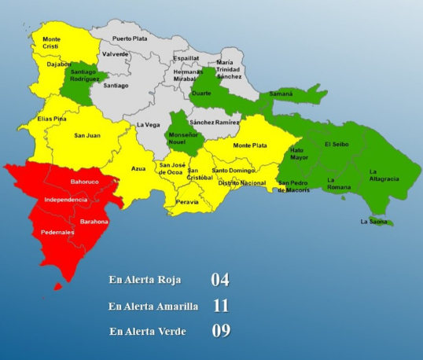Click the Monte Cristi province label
click(x=52, y=42)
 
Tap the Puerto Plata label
click(x=130, y=39)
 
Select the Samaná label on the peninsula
click(x=281, y=94)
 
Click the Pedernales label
click(x=58, y=233)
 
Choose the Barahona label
click(x=94, y=222)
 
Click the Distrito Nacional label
click(x=241, y=183)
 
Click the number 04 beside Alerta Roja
click(x=220, y=279)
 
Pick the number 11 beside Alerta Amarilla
click(x=220, y=305)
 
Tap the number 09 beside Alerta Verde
click(x=220, y=331)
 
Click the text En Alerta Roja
click(x=147, y=279)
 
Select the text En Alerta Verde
click(x=148, y=331)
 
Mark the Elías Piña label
click(x=53, y=119)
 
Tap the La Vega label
click(x=148, y=125)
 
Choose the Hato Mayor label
click(x=299, y=152)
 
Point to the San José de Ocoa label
click(x=173, y=168)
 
